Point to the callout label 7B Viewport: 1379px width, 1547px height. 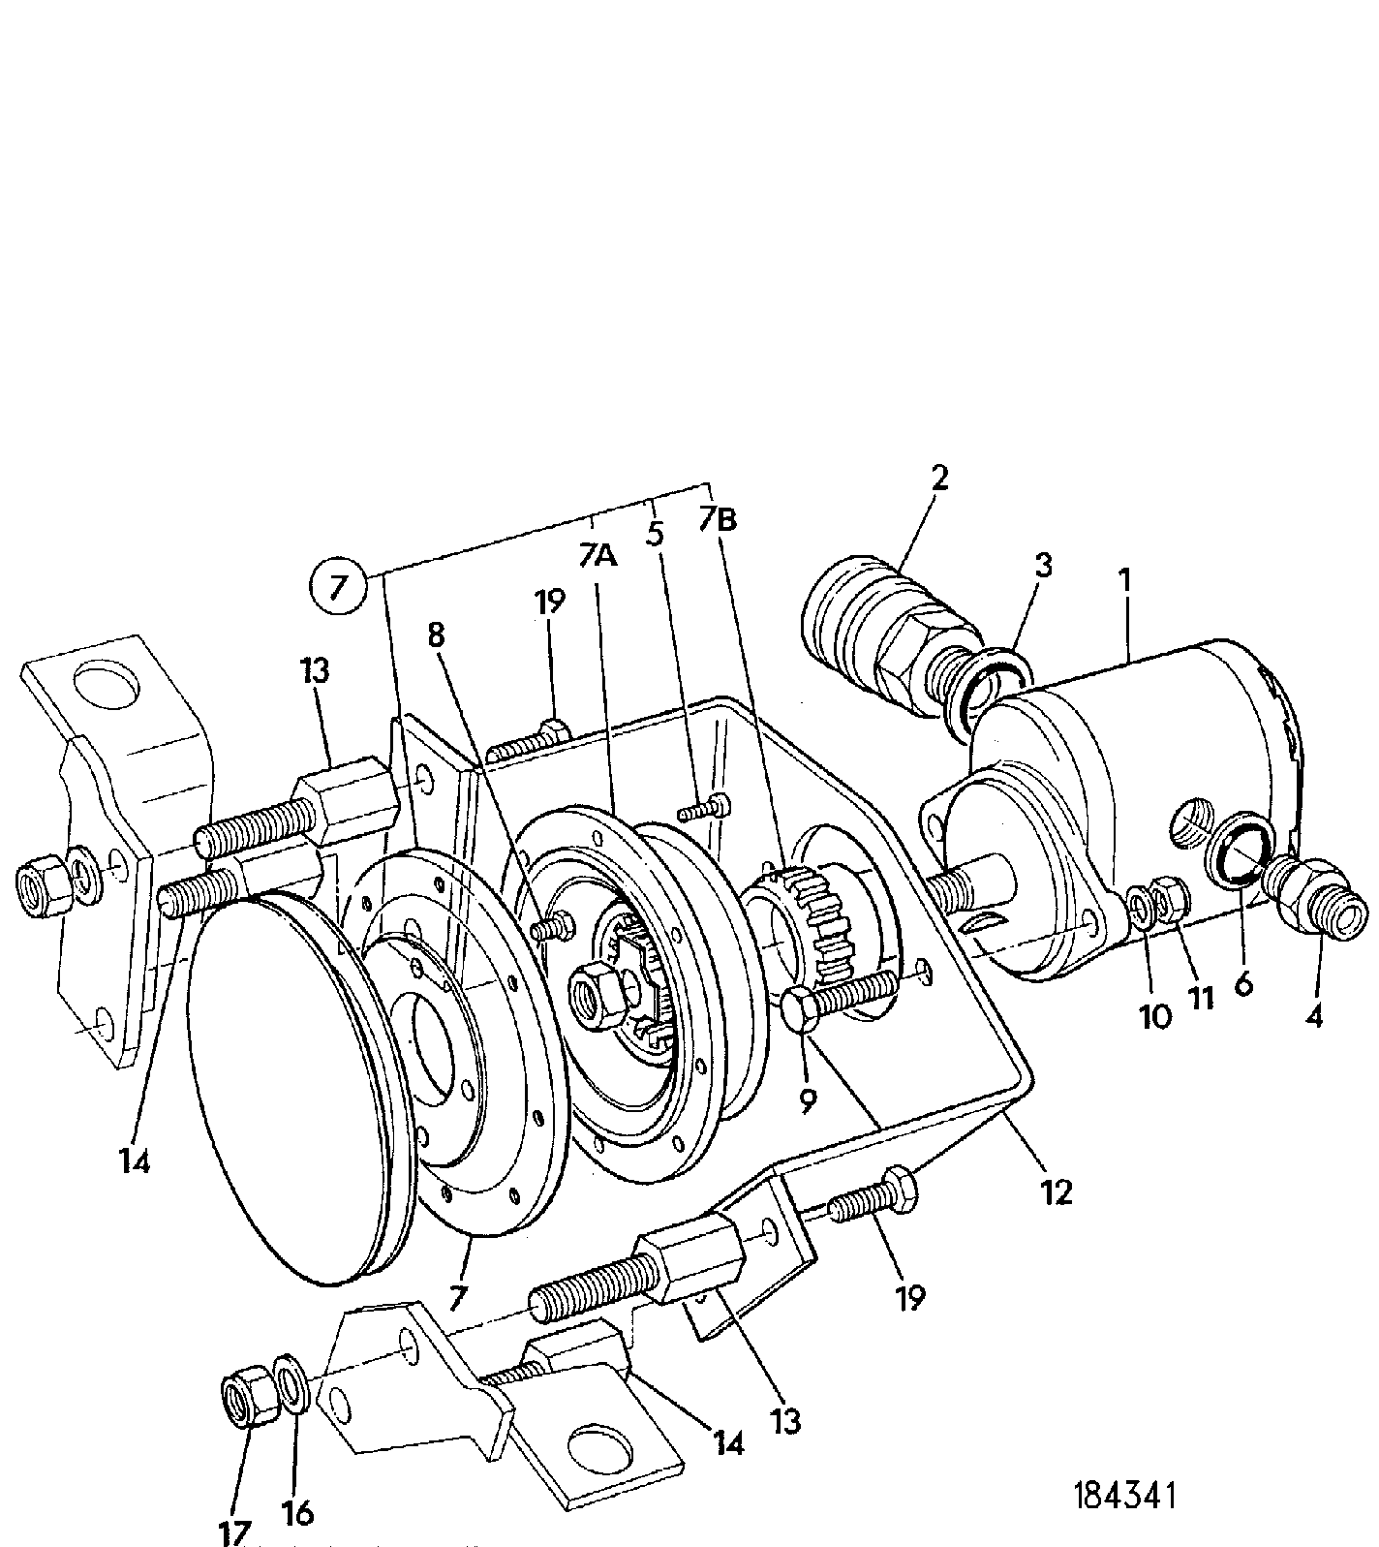click(719, 519)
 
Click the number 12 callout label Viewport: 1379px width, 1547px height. click(1057, 1191)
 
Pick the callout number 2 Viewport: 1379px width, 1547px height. click(937, 477)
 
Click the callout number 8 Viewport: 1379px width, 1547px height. click(437, 635)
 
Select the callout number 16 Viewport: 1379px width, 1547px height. click(298, 1512)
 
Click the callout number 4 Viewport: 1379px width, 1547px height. click(1313, 1015)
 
